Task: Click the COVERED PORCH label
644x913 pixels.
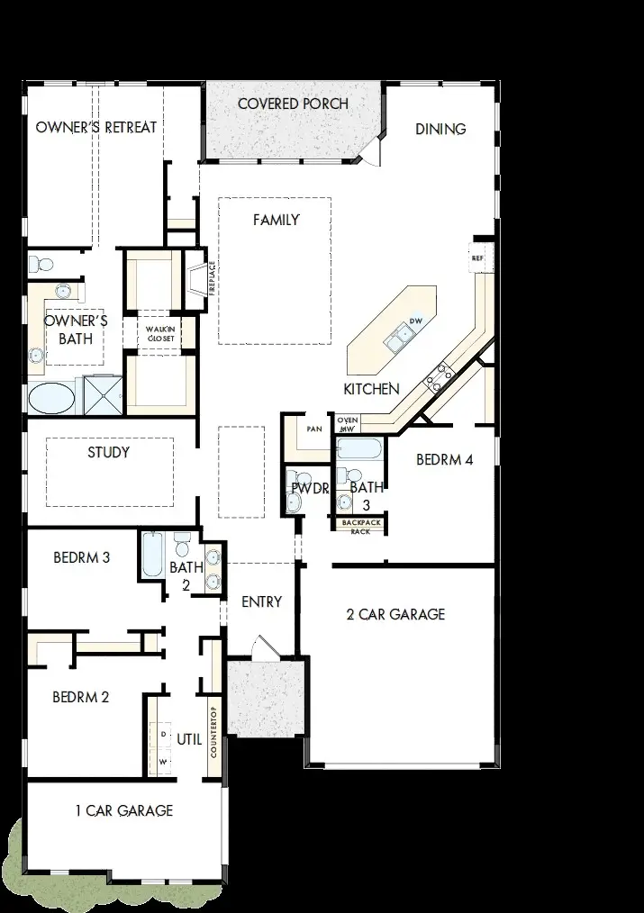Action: (293, 104)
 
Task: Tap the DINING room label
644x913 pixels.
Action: (440, 129)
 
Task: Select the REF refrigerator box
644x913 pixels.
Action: (477, 258)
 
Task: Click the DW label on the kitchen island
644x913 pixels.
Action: (416, 321)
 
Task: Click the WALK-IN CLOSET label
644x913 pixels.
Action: (156, 333)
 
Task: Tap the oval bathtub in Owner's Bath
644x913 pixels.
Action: (53, 397)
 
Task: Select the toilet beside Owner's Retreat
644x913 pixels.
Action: (41, 265)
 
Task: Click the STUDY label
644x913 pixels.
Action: (108, 452)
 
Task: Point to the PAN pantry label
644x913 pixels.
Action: (314, 429)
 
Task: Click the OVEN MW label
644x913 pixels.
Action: (347, 424)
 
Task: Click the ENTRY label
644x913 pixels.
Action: (262, 601)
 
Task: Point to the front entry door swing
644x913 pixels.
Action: (261, 647)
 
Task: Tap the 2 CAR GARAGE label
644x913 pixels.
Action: (395, 614)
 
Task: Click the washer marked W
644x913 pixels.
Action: (163, 760)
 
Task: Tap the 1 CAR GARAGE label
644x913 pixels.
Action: (124, 810)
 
